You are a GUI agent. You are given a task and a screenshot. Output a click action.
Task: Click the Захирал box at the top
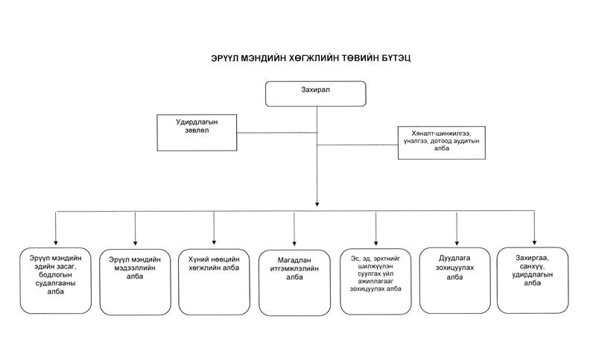315,93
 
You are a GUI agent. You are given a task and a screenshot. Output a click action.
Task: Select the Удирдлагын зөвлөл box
197,133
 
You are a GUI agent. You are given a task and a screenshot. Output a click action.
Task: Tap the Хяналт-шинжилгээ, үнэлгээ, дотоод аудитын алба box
442,142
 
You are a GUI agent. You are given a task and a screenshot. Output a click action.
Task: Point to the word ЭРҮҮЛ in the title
225,58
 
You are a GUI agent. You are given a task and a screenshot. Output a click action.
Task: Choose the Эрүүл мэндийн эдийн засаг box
55,281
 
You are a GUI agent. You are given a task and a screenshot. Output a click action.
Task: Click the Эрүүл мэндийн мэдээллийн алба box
136,282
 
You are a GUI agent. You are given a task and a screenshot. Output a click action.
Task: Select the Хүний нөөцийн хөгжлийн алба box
214,282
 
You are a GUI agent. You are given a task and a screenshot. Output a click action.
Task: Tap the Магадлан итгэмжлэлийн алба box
294,282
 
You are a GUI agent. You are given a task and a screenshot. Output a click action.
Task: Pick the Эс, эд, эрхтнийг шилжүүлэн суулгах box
375,282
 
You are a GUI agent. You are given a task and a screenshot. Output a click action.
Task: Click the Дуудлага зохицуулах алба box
455,281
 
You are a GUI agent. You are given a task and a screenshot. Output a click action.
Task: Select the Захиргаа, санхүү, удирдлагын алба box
533,280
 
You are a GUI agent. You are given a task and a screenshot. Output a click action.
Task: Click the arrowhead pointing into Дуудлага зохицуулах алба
457,243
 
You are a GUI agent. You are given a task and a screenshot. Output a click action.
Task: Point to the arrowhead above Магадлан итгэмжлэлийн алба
294,244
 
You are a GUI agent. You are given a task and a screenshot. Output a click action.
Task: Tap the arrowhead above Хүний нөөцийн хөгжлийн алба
214,242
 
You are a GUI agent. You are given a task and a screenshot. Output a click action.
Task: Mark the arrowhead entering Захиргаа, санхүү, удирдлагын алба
534,242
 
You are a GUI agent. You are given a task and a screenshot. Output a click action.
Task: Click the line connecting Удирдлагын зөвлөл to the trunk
276,133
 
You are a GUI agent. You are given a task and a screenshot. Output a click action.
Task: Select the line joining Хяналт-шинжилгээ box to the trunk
358,145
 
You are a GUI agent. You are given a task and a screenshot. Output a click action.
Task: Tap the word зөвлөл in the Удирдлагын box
197,130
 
